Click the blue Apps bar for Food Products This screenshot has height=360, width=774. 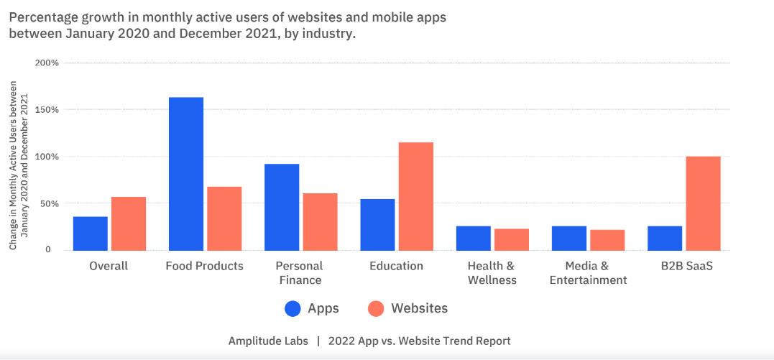tap(186, 174)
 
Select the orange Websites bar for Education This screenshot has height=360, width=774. tap(416, 196)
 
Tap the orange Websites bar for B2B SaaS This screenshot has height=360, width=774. tap(704, 203)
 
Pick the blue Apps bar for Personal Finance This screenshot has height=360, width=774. tap(282, 207)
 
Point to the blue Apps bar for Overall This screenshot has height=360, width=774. tap(91, 234)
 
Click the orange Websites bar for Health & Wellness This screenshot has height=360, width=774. tap(512, 239)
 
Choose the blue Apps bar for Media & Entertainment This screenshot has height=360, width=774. tap(569, 239)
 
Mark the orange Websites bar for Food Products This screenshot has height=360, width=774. tap(224, 218)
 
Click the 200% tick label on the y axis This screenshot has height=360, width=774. tap(47, 63)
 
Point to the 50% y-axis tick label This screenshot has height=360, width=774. tap(48, 203)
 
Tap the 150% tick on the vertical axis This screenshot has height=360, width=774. tap(47, 110)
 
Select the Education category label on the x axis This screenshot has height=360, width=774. tap(396, 266)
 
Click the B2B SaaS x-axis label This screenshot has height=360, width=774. tap(683, 266)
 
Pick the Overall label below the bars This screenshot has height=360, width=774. tap(109, 266)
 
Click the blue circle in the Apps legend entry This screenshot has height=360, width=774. tap(293, 309)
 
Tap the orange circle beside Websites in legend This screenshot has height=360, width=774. tap(376, 309)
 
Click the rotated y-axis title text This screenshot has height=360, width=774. tap(18, 166)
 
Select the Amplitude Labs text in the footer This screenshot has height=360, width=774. tap(268, 341)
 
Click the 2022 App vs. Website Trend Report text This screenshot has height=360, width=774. tap(419, 341)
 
